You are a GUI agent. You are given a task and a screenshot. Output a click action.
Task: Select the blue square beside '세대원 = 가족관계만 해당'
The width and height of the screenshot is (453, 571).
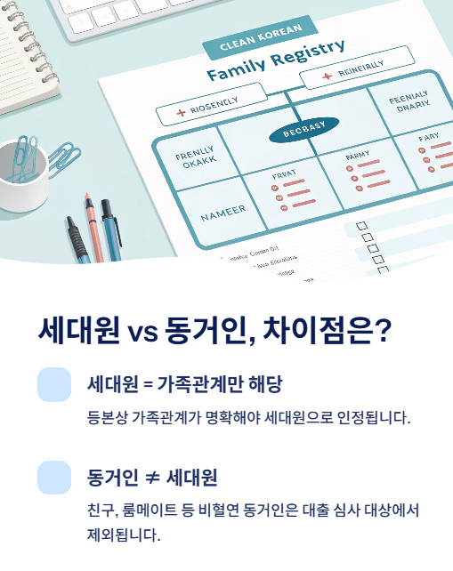[54, 384]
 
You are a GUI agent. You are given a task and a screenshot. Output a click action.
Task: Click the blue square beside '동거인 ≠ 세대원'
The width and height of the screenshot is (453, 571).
[54, 477]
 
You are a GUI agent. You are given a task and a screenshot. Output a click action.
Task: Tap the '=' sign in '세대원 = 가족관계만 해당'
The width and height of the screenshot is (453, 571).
[147, 385]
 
